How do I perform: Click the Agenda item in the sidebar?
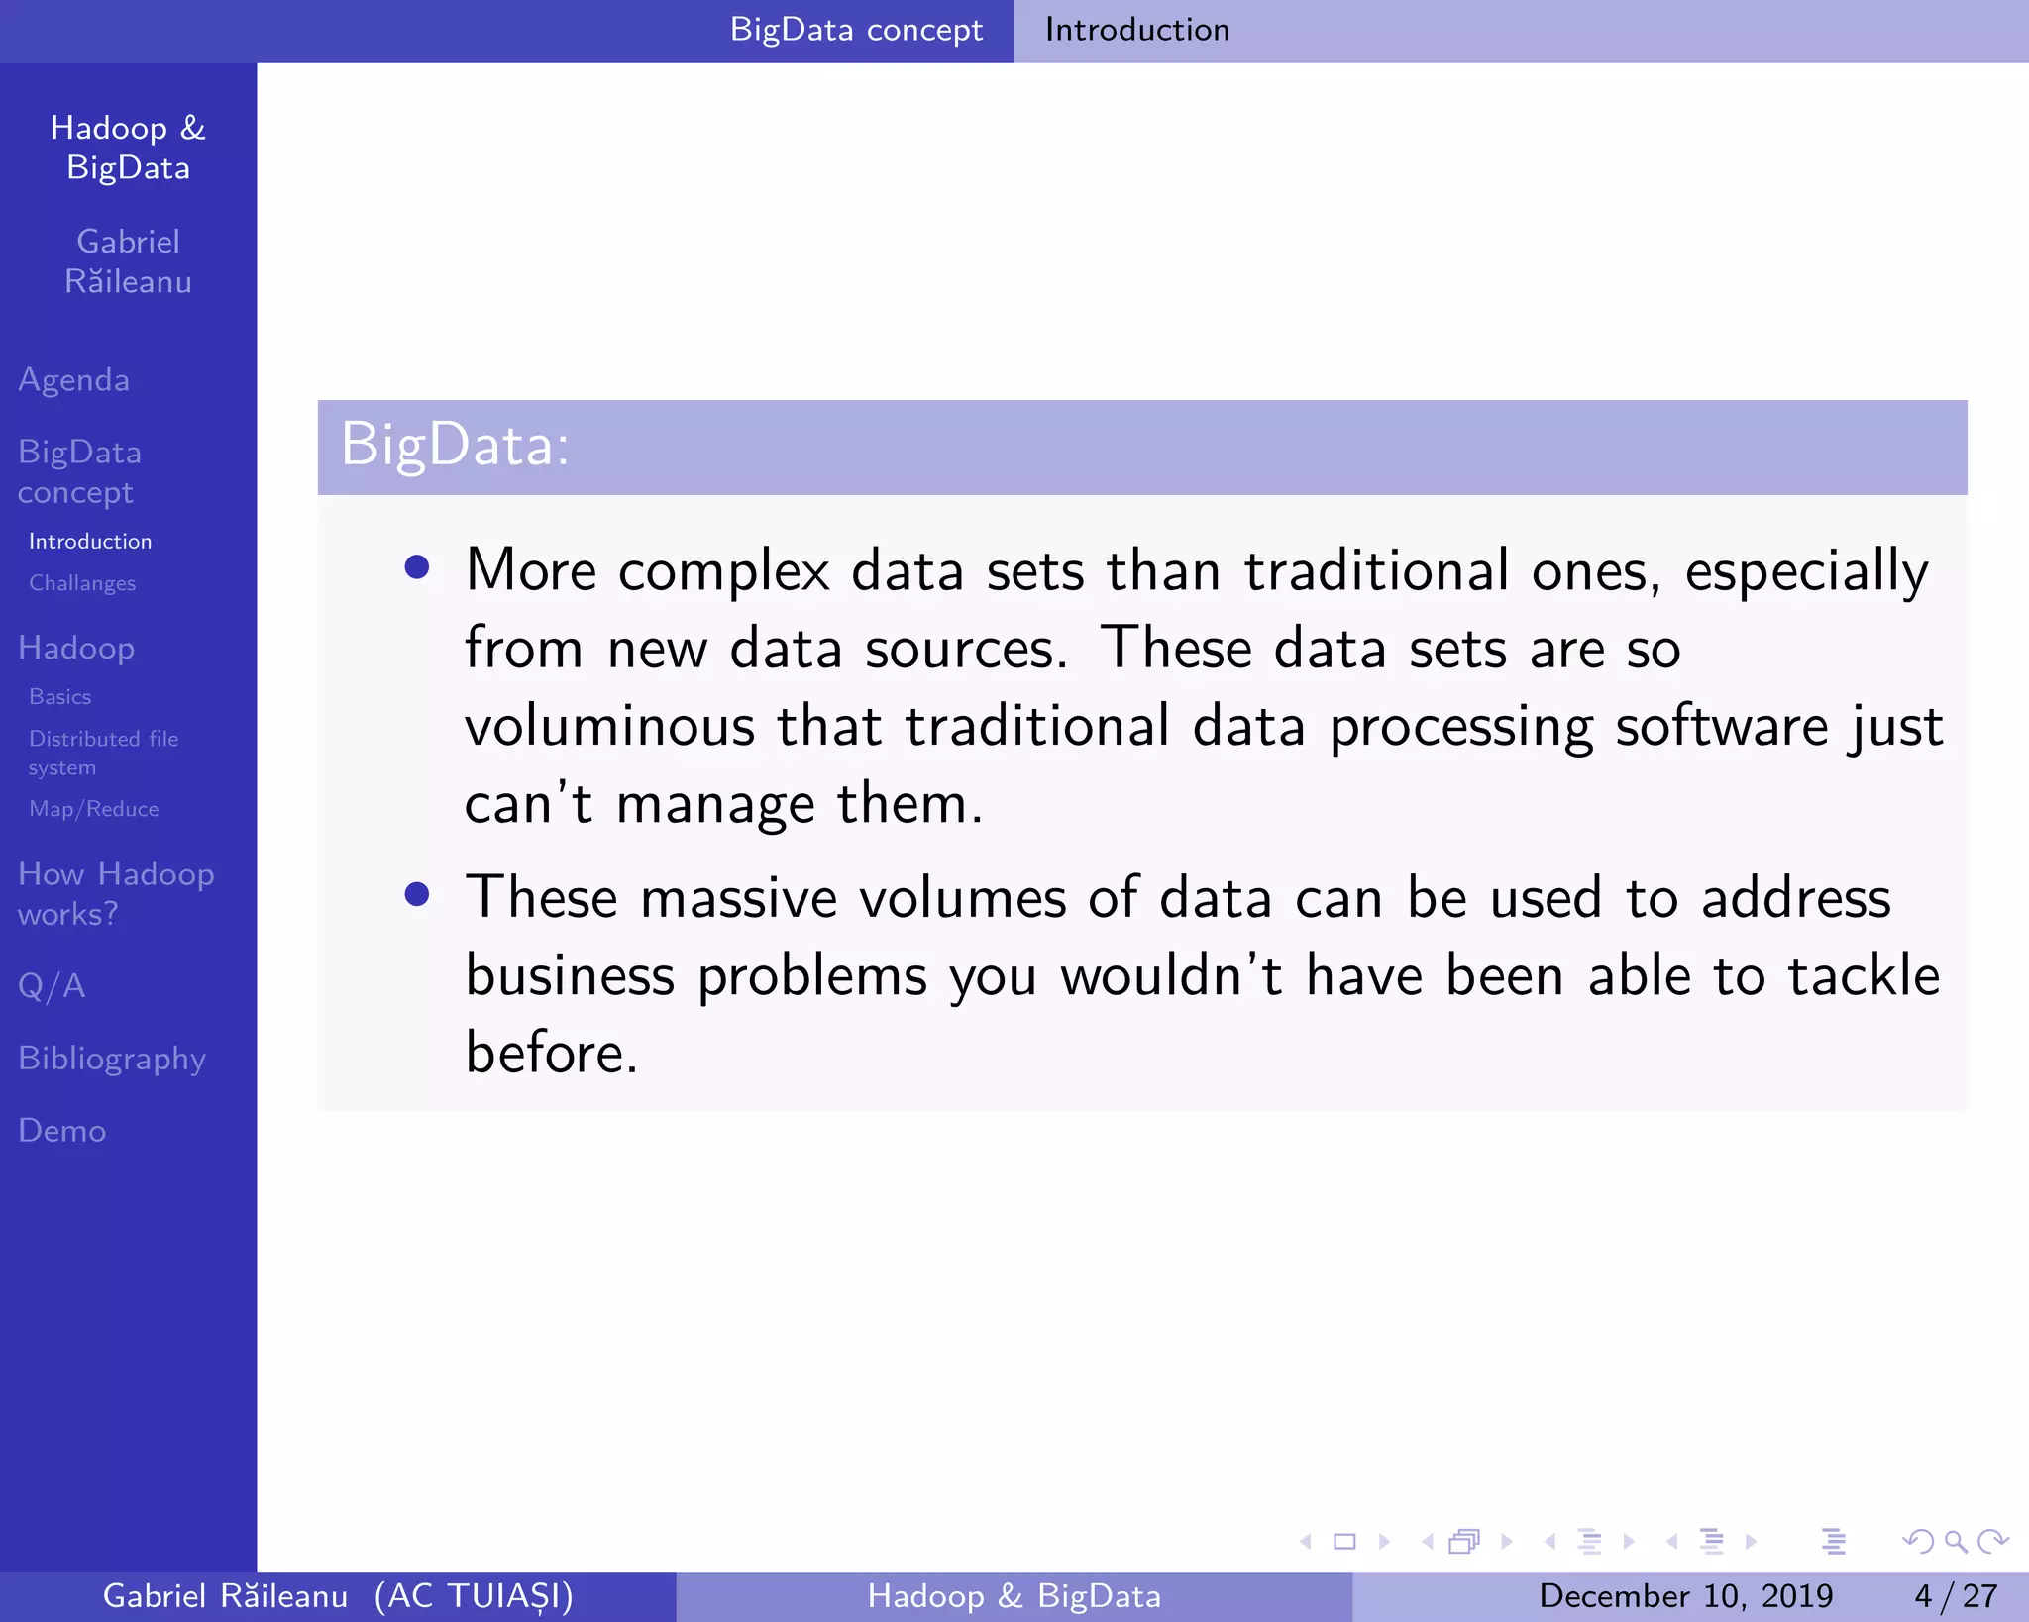(74, 380)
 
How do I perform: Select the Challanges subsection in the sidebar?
(82, 583)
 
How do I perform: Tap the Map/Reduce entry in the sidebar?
(94, 809)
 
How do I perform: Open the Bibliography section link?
(112, 1059)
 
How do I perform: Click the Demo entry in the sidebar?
(62, 1131)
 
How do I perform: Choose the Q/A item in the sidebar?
(52, 986)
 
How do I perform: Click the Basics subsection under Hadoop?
(60, 697)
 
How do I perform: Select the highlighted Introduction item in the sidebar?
(90, 542)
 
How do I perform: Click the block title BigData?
(455, 445)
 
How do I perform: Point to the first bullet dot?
(417, 567)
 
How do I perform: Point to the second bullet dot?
(417, 895)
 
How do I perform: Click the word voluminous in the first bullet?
(608, 726)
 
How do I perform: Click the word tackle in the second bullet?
(1863, 976)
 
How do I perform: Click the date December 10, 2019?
(1685, 1596)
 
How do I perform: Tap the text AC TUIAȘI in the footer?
(475, 1596)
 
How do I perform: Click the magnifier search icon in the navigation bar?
(1955, 1542)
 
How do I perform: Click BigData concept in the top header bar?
(856, 30)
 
